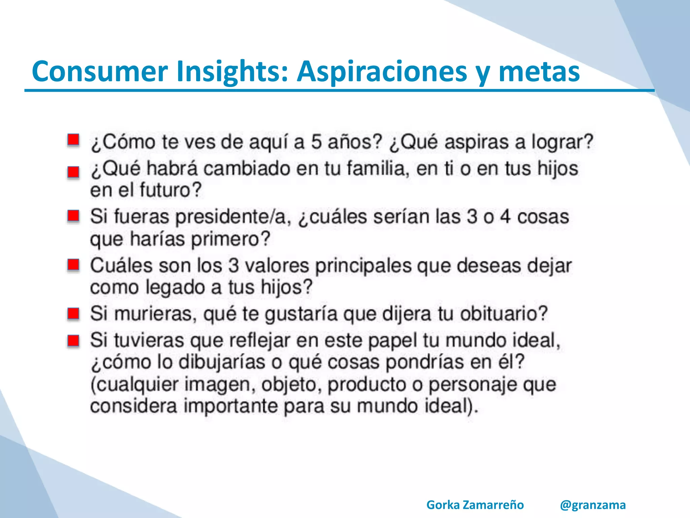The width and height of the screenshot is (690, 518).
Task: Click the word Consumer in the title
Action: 100,71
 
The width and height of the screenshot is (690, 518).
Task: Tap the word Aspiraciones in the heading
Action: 381,71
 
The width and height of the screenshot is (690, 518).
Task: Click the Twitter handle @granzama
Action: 593,505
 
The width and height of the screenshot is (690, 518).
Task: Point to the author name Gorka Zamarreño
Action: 475,505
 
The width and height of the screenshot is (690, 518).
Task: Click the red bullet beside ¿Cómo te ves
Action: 73,140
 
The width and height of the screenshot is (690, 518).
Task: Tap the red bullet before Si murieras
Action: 73,314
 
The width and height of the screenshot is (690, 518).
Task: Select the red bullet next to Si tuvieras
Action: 73,341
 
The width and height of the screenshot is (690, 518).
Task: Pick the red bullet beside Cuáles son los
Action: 73,265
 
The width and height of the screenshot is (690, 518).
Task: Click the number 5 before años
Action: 316,142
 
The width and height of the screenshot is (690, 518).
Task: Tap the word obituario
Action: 504,314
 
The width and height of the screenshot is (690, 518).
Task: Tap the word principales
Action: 363,265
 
